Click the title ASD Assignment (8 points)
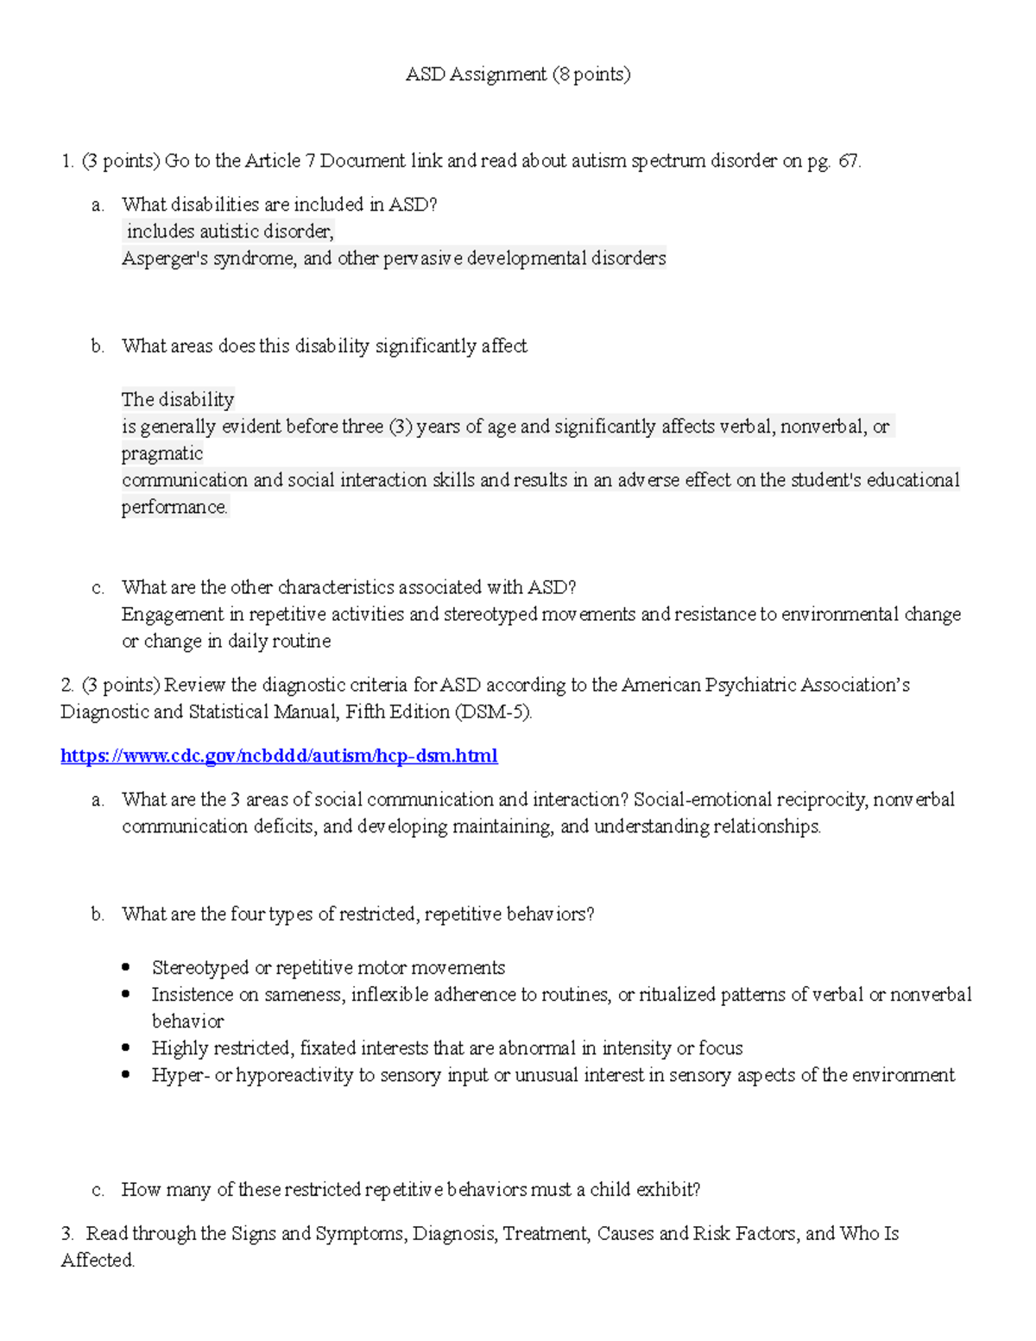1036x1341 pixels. (518, 75)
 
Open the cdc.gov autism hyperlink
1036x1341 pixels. (279, 756)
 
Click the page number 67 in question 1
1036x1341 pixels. (848, 161)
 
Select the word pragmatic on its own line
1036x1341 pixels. (162, 453)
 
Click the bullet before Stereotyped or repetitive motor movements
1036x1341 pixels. (127, 967)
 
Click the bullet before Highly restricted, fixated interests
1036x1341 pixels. (127, 1048)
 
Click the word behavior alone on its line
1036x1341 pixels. (187, 1022)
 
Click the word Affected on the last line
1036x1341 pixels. (97, 1261)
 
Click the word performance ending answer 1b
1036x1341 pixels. (174, 508)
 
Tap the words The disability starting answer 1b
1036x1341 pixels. (178, 400)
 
